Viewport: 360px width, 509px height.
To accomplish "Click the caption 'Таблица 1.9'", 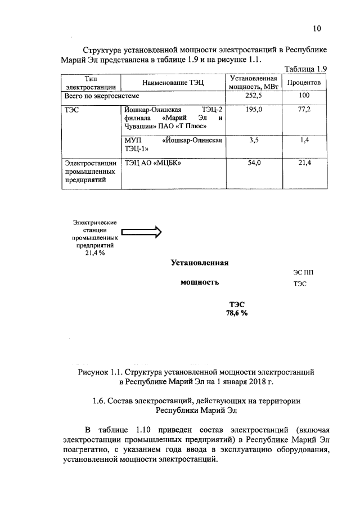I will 306,69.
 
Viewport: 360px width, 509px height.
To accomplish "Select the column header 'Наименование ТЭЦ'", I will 172,83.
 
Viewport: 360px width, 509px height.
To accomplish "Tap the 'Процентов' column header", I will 304,82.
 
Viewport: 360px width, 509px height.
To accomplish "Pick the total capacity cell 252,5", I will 254,96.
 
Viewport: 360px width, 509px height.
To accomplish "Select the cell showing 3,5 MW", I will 254,141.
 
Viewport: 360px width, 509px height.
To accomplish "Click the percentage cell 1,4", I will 304,141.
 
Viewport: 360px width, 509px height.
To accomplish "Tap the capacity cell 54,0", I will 254,163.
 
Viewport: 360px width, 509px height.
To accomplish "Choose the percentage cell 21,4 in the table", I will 304,163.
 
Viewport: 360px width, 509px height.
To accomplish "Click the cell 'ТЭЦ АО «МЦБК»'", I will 152,163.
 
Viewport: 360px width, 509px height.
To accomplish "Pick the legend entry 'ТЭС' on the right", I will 300,283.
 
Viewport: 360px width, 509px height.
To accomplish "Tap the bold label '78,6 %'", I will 237,313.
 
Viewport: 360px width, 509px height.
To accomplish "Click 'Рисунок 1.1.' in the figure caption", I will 100,372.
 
